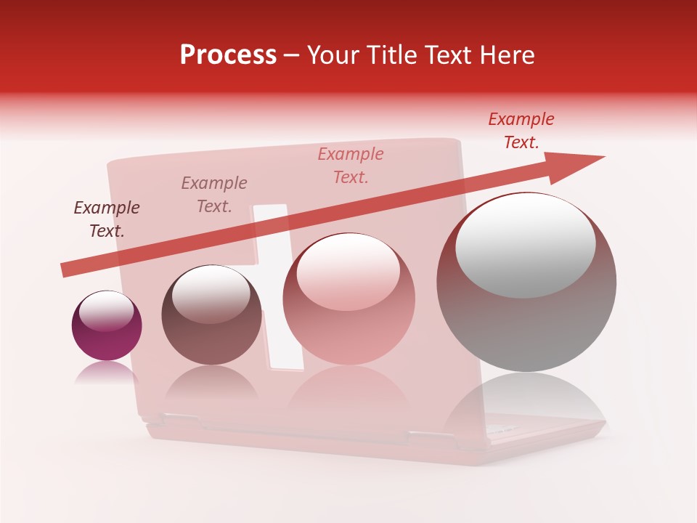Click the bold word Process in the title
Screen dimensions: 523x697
tap(228, 55)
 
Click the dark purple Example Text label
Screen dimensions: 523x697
tap(107, 219)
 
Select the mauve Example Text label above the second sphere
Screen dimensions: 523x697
tap(214, 194)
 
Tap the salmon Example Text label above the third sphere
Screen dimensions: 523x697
tap(351, 165)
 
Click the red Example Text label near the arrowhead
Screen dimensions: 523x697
tap(521, 130)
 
